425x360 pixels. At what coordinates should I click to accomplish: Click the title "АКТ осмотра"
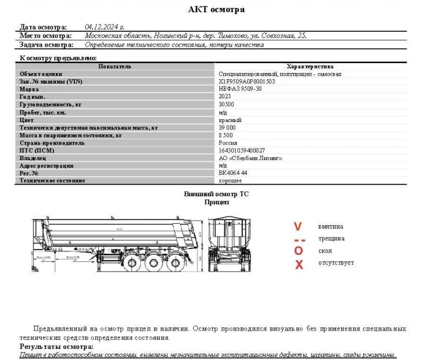pos(216,9)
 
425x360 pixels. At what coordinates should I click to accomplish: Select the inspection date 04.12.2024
pos(104,27)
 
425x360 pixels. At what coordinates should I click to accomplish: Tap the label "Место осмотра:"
pos(45,36)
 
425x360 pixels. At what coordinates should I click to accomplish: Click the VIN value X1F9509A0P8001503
pos(247,81)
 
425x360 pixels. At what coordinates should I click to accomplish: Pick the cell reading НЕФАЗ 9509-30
pos(240,89)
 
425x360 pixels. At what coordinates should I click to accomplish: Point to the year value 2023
pos(226,97)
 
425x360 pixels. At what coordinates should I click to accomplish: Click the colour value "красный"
pos(230,120)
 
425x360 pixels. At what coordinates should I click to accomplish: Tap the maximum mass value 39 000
pos(228,128)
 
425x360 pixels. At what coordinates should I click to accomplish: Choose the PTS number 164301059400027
pos(242,150)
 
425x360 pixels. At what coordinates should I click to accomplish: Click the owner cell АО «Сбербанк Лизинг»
pos(250,158)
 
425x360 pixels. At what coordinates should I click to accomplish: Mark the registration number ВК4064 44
pos(233,173)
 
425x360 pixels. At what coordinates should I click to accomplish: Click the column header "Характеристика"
pos(310,66)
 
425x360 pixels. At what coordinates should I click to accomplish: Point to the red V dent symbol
pos(299,227)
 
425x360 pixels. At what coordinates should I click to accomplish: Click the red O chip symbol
pos(299,251)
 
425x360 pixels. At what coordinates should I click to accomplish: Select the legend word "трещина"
pos(331,239)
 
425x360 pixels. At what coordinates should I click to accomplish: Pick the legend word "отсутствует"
pos(336,264)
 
